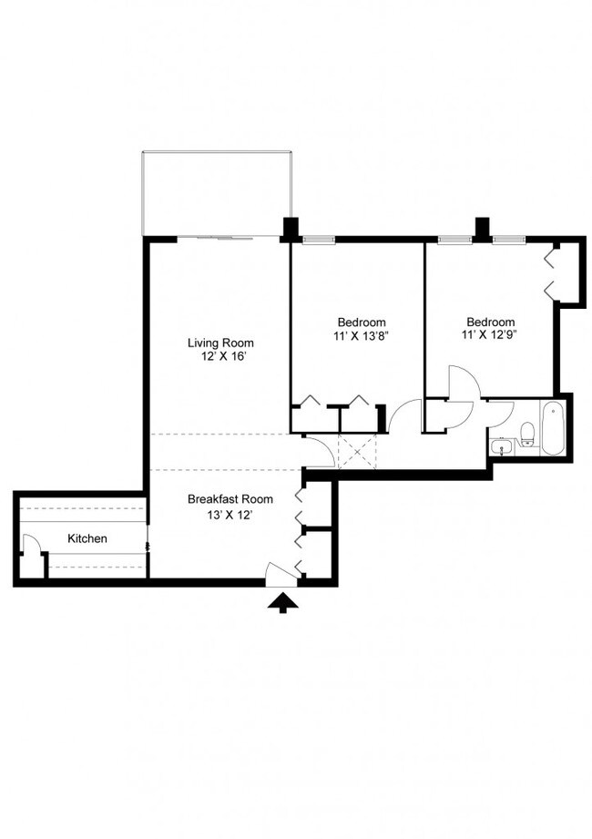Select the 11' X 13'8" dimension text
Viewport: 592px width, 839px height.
pyautogui.click(x=362, y=336)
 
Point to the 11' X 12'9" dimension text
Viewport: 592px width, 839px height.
pyautogui.click(x=491, y=336)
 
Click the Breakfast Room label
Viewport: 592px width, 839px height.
pyautogui.click(x=230, y=499)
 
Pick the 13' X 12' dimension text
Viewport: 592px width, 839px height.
pyautogui.click(x=230, y=515)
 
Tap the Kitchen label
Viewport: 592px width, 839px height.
pyautogui.click(x=87, y=538)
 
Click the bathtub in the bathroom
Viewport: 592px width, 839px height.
pyautogui.click(x=553, y=429)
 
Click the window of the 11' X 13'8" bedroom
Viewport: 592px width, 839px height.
pyautogui.click(x=318, y=240)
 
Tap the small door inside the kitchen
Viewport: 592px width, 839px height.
pyautogui.click(x=31, y=550)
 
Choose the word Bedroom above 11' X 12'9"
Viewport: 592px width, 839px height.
pyautogui.click(x=491, y=322)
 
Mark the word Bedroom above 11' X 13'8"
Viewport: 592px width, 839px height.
pyautogui.click(x=362, y=322)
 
